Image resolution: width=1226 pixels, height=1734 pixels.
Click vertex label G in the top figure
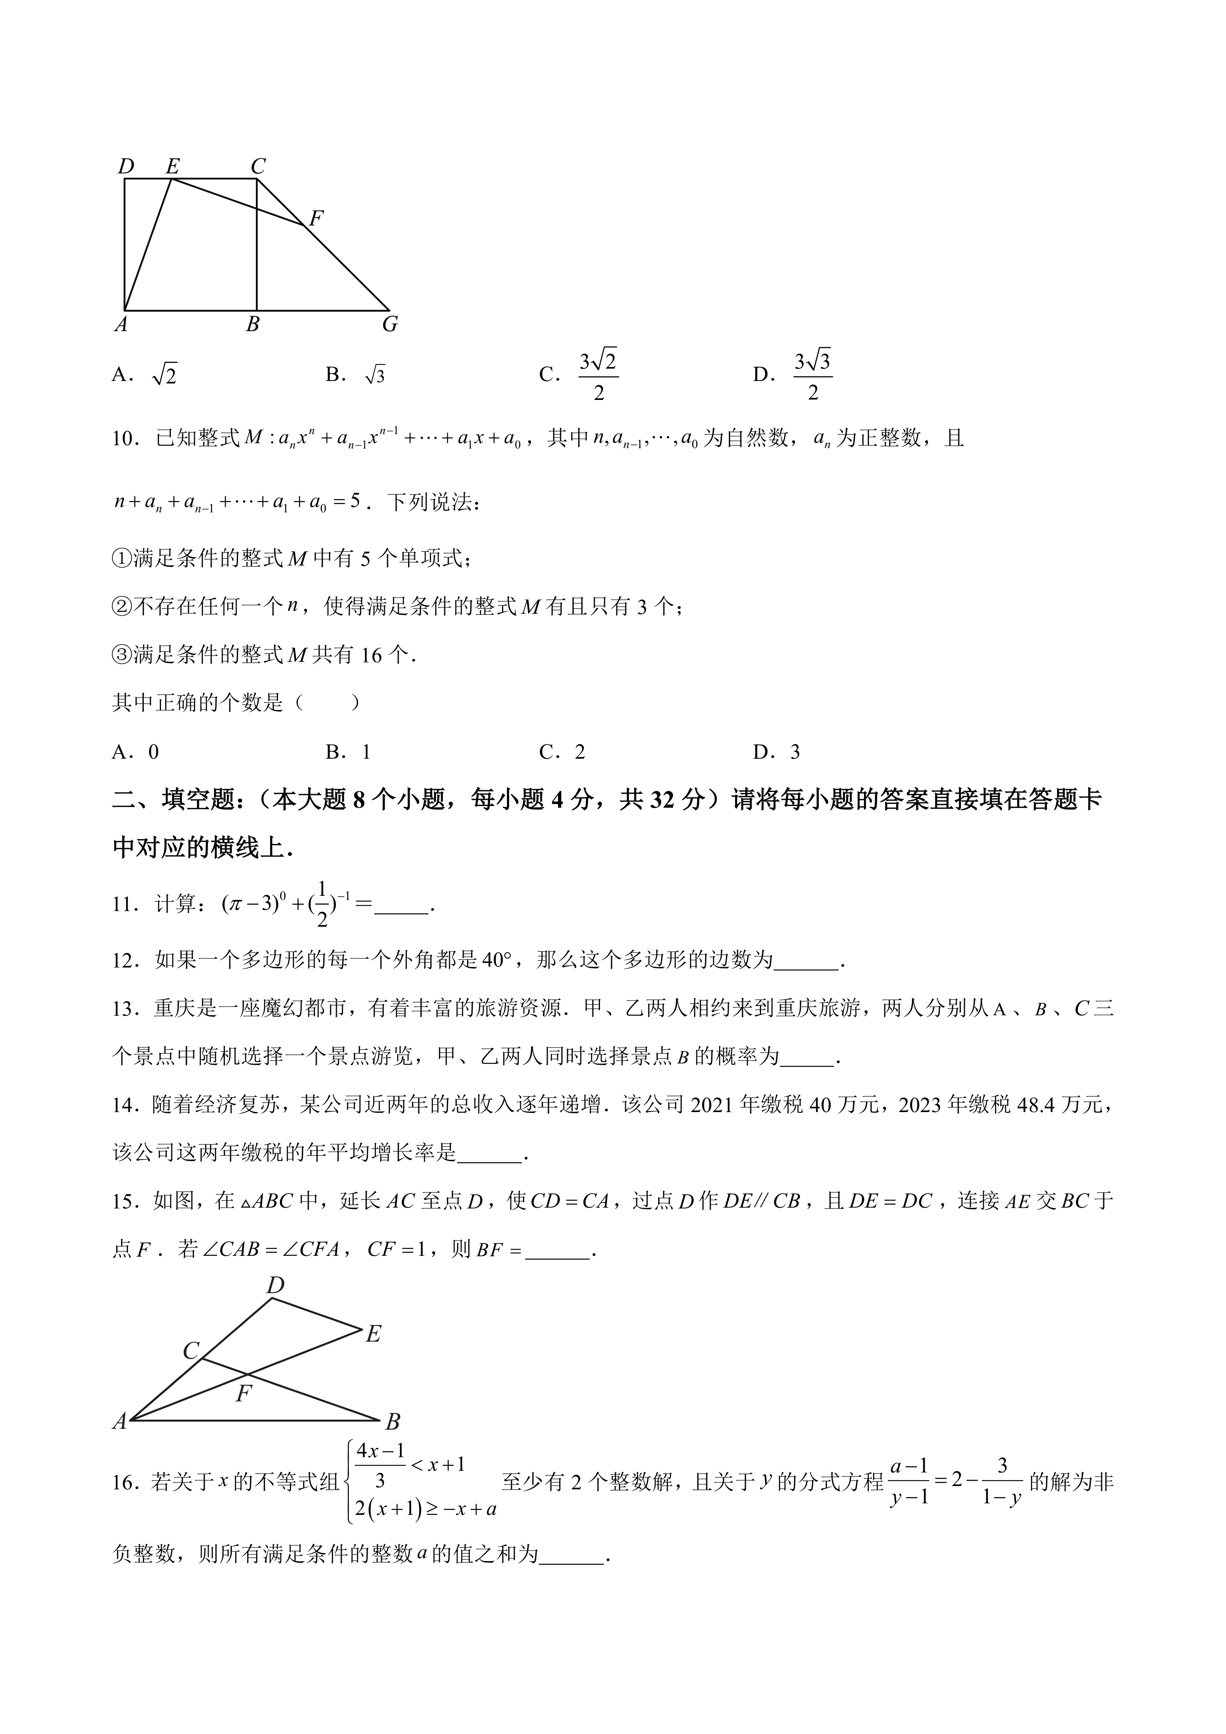click(390, 325)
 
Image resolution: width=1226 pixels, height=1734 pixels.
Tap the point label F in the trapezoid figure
click(316, 218)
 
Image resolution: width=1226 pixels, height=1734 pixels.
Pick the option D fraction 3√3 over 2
click(812, 375)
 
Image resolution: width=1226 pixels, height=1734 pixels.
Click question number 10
click(124, 439)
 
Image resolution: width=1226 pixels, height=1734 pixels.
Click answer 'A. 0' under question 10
click(136, 751)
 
